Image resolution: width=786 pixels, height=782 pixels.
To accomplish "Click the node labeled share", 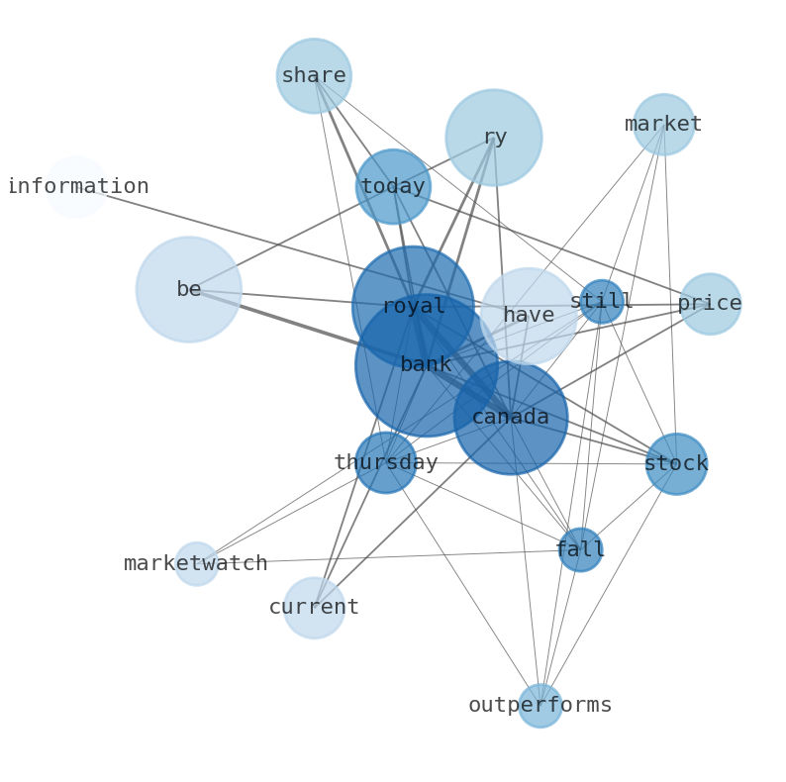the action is click(314, 75).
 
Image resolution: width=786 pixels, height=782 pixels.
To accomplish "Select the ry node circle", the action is click(494, 138).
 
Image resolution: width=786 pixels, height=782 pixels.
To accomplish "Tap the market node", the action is click(663, 125).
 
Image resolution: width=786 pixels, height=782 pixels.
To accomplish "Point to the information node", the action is click(75, 186).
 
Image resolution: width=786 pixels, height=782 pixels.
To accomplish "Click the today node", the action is click(394, 186).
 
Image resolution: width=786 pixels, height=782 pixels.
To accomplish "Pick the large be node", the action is click(189, 289).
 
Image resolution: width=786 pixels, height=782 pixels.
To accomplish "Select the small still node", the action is click(602, 301).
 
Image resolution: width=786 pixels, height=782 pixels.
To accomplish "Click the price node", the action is click(711, 304).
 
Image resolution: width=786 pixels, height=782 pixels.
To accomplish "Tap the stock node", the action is click(676, 463).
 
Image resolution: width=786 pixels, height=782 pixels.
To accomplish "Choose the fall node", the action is click(580, 549).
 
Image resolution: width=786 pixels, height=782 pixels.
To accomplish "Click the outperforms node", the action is click(540, 706).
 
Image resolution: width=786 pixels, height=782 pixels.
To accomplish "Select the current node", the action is click(314, 608).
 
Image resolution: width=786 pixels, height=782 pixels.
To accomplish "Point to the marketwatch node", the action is click(196, 563).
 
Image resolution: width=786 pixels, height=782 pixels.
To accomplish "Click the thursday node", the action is click(385, 462).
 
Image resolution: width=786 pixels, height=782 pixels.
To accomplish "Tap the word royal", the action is click(414, 306).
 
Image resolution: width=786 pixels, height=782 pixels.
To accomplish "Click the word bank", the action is click(426, 364).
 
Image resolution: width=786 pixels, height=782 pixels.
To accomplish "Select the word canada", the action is click(510, 417).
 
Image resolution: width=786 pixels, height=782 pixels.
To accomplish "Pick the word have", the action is click(529, 316).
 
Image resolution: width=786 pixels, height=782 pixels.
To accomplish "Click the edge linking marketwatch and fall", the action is click(388, 556).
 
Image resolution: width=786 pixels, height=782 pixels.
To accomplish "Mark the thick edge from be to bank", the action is click(307, 327).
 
